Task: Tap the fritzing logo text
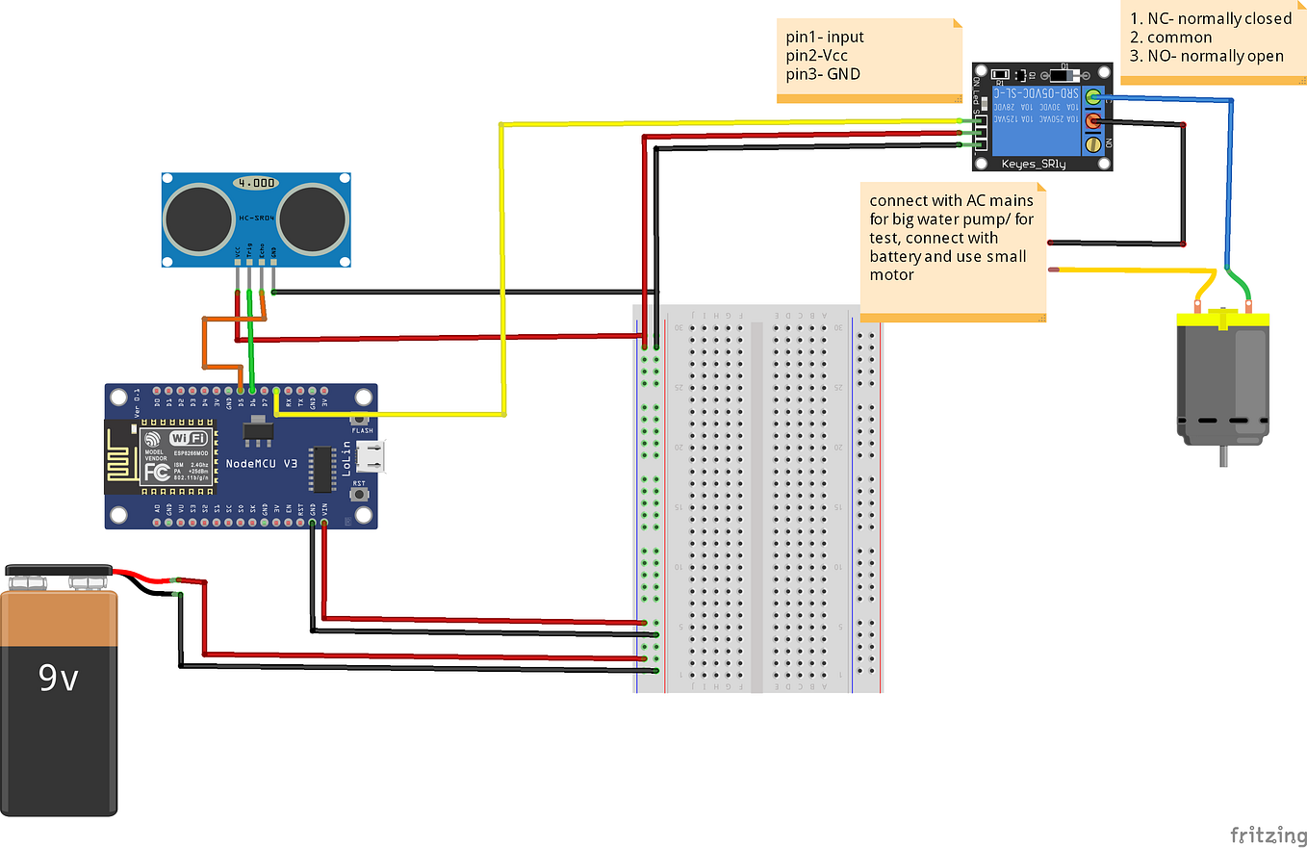pos(1266,833)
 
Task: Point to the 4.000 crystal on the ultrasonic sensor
pos(257,182)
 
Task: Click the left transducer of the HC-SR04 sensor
pos(198,217)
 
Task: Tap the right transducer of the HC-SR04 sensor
pos(313,217)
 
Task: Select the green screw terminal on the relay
pos(1093,96)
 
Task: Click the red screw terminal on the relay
pos(1093,121)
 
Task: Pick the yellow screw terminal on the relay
pos(1093,145)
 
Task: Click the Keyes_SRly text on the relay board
pos(1034,164)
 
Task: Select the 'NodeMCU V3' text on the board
pos(262,464)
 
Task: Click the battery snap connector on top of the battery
pos(58,575)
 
